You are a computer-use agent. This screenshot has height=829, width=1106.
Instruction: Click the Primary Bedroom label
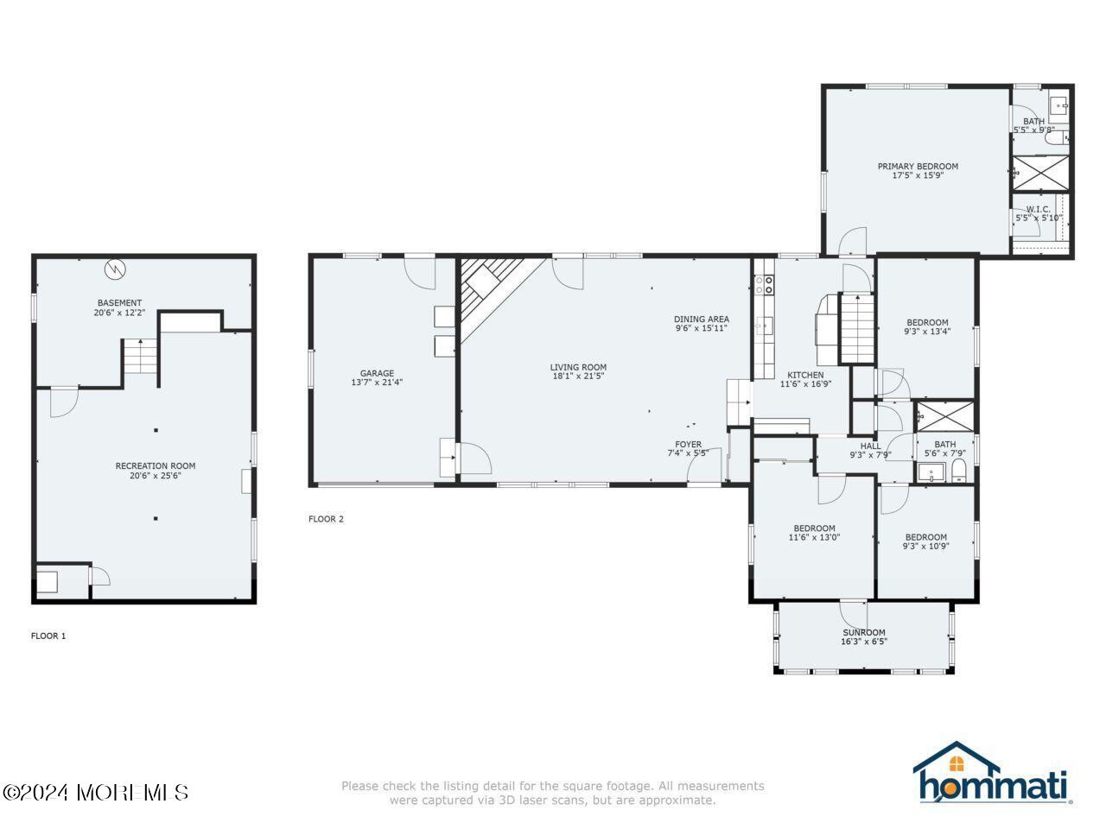pyautogui.click(x=918, y=167)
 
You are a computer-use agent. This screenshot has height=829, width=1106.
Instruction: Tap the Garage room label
pyautogui.click(x=377, y=373)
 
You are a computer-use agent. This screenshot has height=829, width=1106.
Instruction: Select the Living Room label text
pyautogui.click(x=578, y=367)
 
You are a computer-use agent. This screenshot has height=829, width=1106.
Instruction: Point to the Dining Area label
pyautogui.click(x=702, y=319)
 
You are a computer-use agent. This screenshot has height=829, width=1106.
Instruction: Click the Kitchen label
pyautogui.click(x=804, y=375)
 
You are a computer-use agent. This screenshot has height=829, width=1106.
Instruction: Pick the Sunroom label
pyautogui.click(x=863, y=632)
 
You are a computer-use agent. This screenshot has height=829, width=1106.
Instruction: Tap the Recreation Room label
pyautogui.click(x=156, y=466)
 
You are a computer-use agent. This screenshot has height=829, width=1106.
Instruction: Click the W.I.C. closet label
pyautogui.click(x=1038, y=209)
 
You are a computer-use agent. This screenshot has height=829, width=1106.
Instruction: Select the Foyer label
pyautogui.click(x=688, y=445)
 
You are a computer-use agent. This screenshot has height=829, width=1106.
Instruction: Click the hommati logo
pyautogui.click(x=992, y=774)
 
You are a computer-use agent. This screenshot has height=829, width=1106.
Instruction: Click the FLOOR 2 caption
pyautogui.click(x=326, y=519)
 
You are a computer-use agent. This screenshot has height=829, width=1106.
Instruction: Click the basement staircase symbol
pyautogui.click(x=139, y=356)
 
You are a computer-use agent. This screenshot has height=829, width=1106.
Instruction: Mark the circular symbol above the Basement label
pyautogui.click(x=115, y=269)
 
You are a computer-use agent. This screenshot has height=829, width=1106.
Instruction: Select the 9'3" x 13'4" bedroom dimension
pyautogui.click(x=927, y=332)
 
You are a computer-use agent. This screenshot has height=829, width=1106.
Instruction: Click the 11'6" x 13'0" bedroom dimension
pyautogui.click(x=814, y=537)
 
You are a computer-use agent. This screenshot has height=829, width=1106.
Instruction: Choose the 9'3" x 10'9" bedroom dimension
pyautogui.click(x=926, y=546)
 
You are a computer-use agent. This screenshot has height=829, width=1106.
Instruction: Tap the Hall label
pyautogui.click(x=869, y=446)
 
